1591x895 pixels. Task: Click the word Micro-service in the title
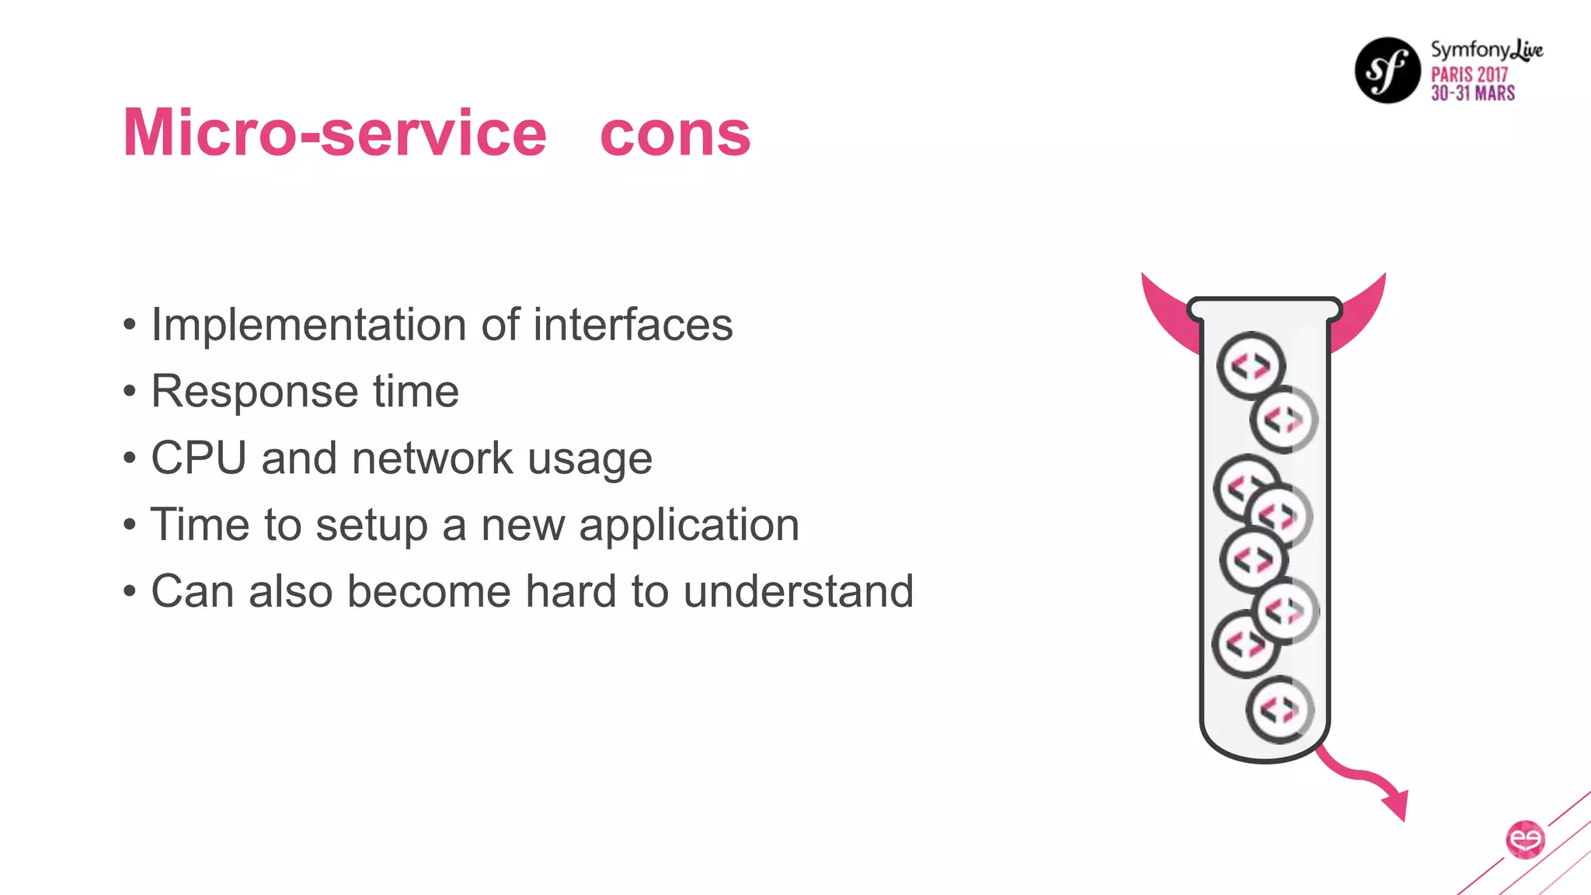[x=335, y=133]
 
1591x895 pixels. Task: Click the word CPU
[x=198, y=458]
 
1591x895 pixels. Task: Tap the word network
[x=432, y=458]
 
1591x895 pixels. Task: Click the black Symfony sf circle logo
[x=1387, y=71]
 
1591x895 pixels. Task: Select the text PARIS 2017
[x=1469, y=75]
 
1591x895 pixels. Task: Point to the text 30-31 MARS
[x=1473, y=93]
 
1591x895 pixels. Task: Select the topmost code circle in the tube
[x=1251, y=365]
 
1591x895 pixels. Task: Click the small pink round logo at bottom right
[x=1524, y=839]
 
